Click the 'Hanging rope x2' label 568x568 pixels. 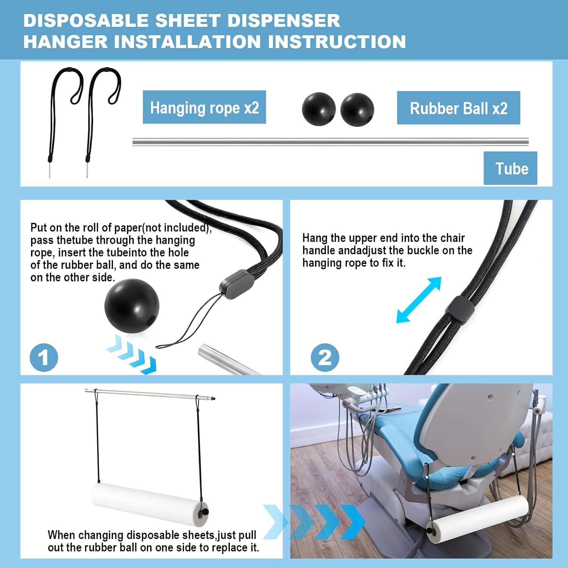pos(204,107)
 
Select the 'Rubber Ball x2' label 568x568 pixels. pos(458,108)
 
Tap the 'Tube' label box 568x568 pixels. pos(510,168)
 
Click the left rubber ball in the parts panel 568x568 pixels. pos(318,109)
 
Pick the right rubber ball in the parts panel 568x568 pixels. pos(357,110)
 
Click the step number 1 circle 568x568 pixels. pos(44,357)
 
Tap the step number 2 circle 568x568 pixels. pos(325,357)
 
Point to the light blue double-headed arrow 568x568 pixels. pos(419,300)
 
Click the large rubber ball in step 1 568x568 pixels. pos(132,306)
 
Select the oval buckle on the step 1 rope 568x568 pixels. pos(237,284)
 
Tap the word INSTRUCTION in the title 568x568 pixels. pos(337,42)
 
